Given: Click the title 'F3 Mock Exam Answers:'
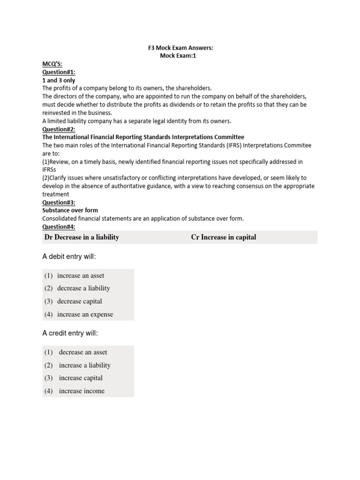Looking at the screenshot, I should [180, 48].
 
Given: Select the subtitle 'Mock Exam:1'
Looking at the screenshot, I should [180, 56].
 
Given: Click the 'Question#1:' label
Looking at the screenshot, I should [59, 72].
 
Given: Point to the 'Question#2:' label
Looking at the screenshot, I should [59, 129].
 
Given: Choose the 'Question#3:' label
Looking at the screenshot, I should [59, 202].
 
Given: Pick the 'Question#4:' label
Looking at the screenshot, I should [59, 226].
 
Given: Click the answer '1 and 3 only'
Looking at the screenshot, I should [59, 80].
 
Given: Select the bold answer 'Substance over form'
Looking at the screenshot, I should [70, 210].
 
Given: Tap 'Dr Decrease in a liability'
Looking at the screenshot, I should [82, 237].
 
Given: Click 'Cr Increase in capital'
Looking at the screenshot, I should [224, 237].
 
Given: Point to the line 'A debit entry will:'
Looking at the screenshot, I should [69, 256].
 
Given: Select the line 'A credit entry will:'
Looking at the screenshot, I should [70, 333].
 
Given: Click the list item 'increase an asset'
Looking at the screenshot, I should [81, 276].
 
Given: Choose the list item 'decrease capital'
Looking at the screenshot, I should [79, 301].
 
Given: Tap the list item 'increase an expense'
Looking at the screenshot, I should [85, 315].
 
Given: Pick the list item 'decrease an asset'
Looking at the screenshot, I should [83, 352].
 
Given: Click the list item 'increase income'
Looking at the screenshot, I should [82, 391].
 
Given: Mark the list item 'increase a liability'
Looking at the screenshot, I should [85, 365].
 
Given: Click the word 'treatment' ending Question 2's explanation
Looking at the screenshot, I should [56, 194].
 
